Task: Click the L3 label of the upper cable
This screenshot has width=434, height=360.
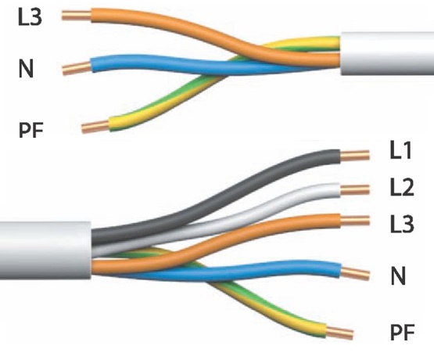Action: pyautogui.click(x=30, y=17)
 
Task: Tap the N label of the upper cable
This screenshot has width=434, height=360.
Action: pyautogui.click(x=26, y=69)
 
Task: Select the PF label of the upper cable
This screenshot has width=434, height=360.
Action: pyautogui.click(x=31, y=130)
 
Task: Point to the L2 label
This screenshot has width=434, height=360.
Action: pyautogui.click(x=402, y=188)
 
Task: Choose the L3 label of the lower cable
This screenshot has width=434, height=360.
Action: pyautogui.click(x=402, y=224)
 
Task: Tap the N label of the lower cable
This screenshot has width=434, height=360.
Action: pyautogui.click(x=398, y=275)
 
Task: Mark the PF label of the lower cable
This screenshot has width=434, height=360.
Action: pyautogui.click(x=403, y=333)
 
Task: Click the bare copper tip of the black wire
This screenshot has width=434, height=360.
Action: pyautogui.click(x=354, y=156)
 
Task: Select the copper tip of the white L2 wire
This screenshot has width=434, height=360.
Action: pyautogui.click(x=354, y=190)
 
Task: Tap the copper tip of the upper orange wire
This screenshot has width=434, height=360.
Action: pyautogui.click(x=77, y=15)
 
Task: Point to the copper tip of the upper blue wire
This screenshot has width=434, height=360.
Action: pyautogui.click(x=77, y=68)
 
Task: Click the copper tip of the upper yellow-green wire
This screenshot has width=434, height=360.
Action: pyautogui.click(x=95, y=127)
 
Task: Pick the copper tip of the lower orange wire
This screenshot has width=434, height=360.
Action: pyautogui.click(x=354, y=221)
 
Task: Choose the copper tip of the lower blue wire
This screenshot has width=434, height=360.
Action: pyautogui.click(x=355, y=273)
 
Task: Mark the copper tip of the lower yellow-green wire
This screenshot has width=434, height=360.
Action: pyautogui.click(x=339, y=333)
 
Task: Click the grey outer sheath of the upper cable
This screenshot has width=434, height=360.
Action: pyautogui.click(x=387, y=53)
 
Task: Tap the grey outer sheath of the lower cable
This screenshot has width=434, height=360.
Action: pyautogui.click(x=45, y=250)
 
